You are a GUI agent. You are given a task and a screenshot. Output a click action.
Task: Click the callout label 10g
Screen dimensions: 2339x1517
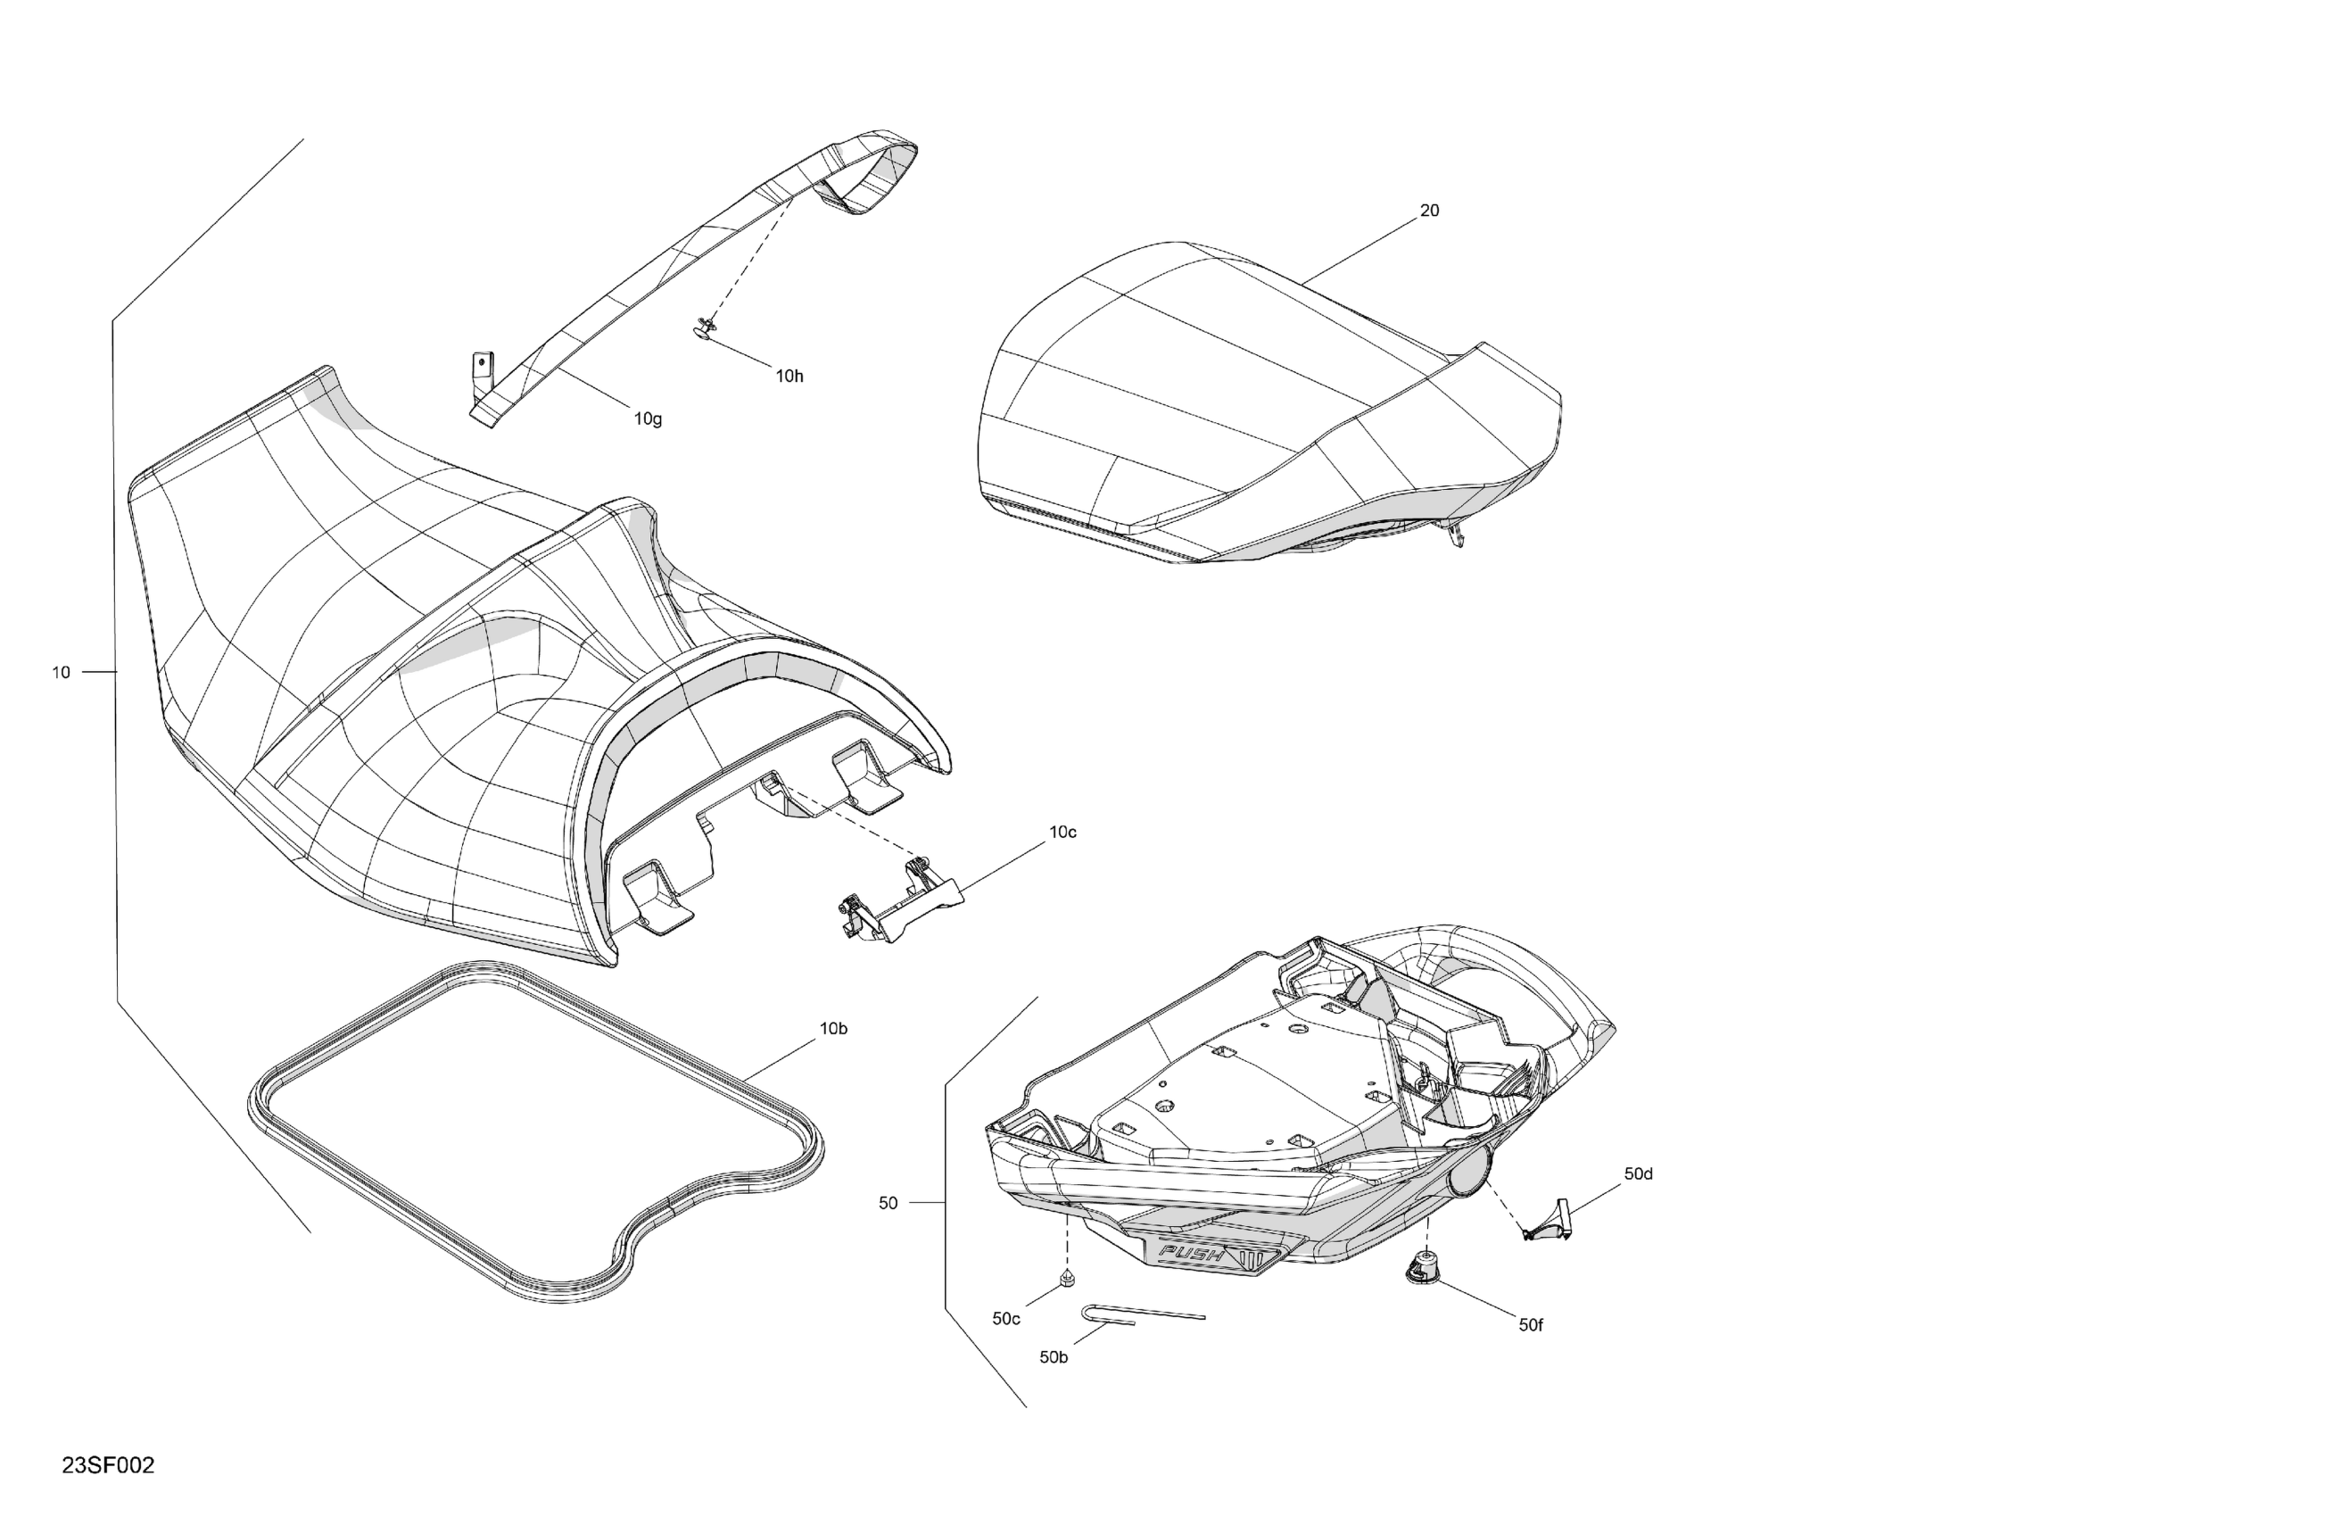(x=648, y=419)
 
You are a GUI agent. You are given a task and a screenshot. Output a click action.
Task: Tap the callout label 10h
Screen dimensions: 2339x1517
(x=789, y=376)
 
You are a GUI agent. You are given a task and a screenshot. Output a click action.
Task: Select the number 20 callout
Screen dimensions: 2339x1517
(x=1429, y=211)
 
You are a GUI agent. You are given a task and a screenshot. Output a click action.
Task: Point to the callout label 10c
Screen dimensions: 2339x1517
(x=1062, y=832)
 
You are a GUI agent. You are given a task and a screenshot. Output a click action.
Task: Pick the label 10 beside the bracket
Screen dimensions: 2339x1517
(x=61, y=673)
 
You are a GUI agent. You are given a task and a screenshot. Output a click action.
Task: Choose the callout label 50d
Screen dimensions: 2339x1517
(x=1639, y=1173)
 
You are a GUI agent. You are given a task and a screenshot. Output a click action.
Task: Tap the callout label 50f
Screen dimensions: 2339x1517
(x=1530, y=1325)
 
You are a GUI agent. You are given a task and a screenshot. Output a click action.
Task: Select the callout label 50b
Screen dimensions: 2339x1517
(x=1054, y=1358)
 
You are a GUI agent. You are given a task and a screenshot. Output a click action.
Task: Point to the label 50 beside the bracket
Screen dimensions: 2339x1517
(x=888, y=1204)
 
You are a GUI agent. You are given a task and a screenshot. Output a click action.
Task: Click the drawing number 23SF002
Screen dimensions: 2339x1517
(x=108, y=1465)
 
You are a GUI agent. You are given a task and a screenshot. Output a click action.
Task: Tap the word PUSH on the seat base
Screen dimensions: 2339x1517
(x=1192, y=1255)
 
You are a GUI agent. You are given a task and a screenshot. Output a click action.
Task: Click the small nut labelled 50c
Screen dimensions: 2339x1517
(x=1067, y=1279)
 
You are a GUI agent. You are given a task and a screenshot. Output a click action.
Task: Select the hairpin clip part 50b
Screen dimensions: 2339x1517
(x=1140, y=1314)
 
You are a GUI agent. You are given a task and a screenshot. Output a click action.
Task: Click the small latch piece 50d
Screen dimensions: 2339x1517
(x=1550, y=1220)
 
